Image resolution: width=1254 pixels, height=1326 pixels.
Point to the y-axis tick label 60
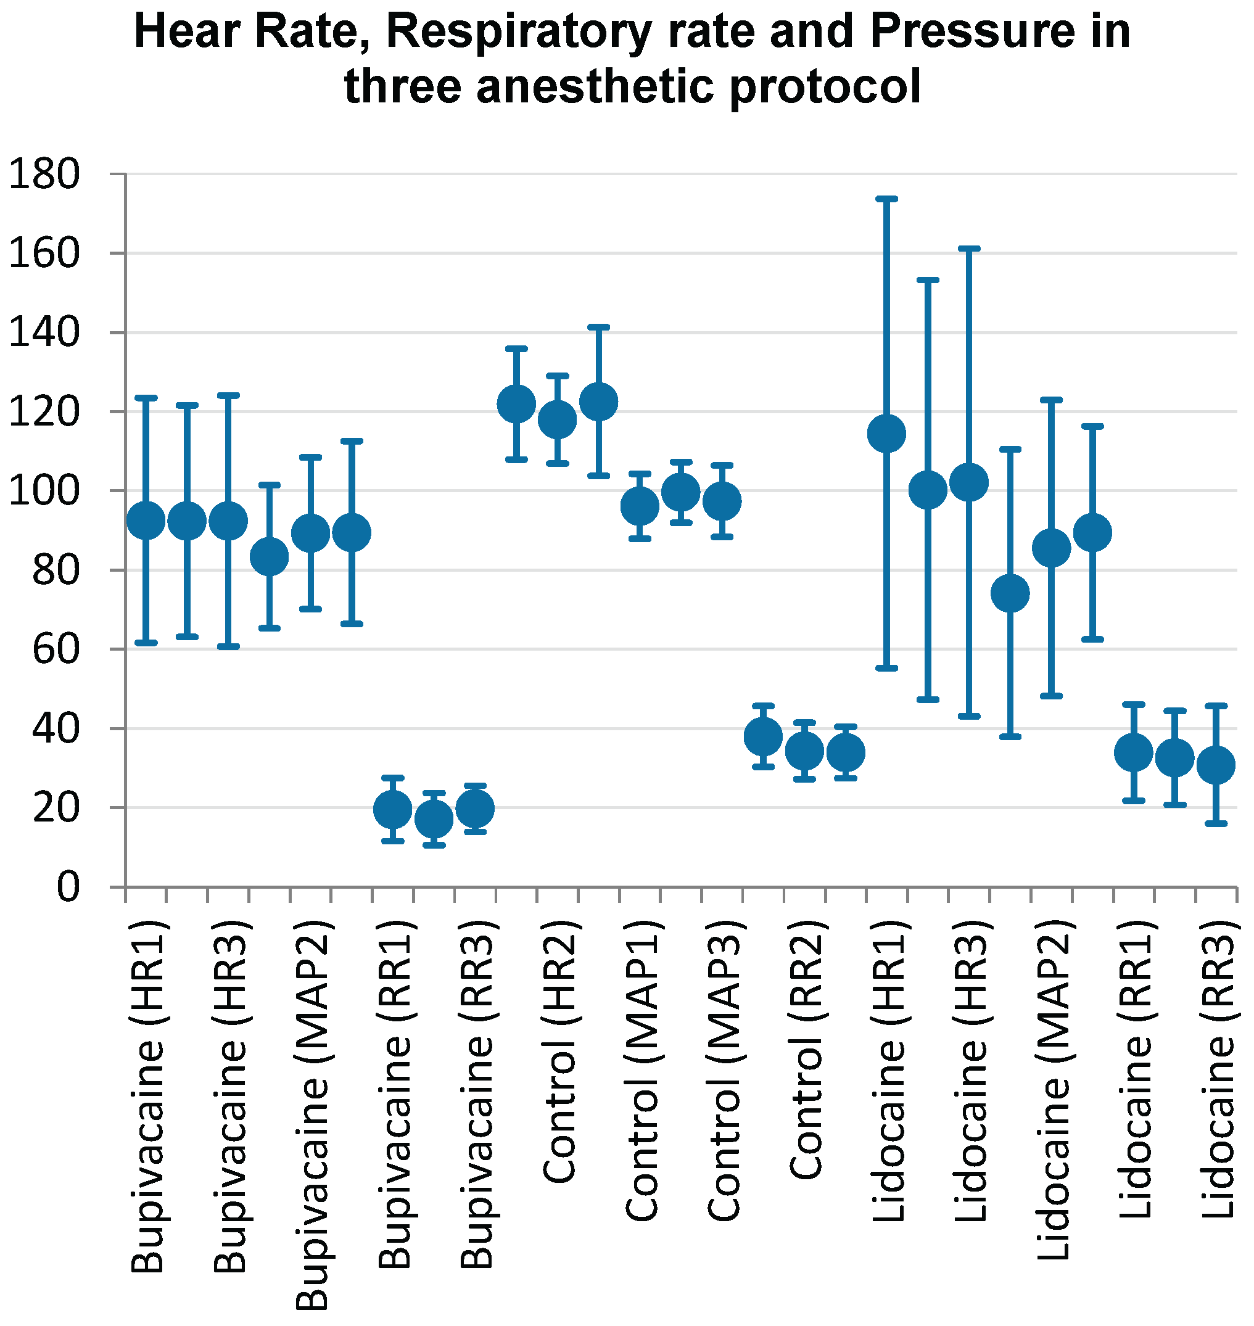coord(56,649)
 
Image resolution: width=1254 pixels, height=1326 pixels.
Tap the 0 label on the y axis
coord(67,887)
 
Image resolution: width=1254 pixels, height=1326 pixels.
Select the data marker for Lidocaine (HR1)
coord(886,434)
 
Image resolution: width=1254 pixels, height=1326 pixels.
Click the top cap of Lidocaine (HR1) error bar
coord(886,199)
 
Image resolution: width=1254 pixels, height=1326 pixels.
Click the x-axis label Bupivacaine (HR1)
coord(146,1097)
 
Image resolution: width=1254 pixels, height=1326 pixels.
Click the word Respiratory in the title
coord(519,31)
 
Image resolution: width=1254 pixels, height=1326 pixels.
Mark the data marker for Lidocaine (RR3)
coord(1216,765)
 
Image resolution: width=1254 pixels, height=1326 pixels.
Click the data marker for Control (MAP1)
coord(640,506)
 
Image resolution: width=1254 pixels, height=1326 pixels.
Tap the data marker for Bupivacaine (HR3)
coord(229,521)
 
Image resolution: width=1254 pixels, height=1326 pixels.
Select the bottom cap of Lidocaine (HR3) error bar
coord(969,716)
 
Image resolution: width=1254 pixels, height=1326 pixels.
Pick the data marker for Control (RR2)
coord(804,751)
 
